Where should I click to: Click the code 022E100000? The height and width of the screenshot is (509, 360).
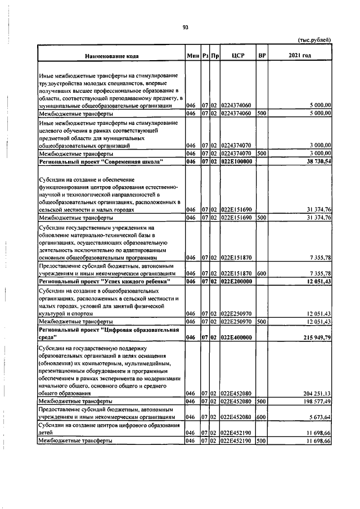[236, 161]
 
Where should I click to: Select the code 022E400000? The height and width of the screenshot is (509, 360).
[236, 337]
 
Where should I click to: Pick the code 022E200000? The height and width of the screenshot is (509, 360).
[236, 281]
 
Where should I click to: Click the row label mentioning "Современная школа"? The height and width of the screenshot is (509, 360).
[101, 161]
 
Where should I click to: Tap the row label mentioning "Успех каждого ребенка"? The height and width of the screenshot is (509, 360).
[104, 281]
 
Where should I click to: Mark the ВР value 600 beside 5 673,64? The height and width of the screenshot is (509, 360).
[261, 417]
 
